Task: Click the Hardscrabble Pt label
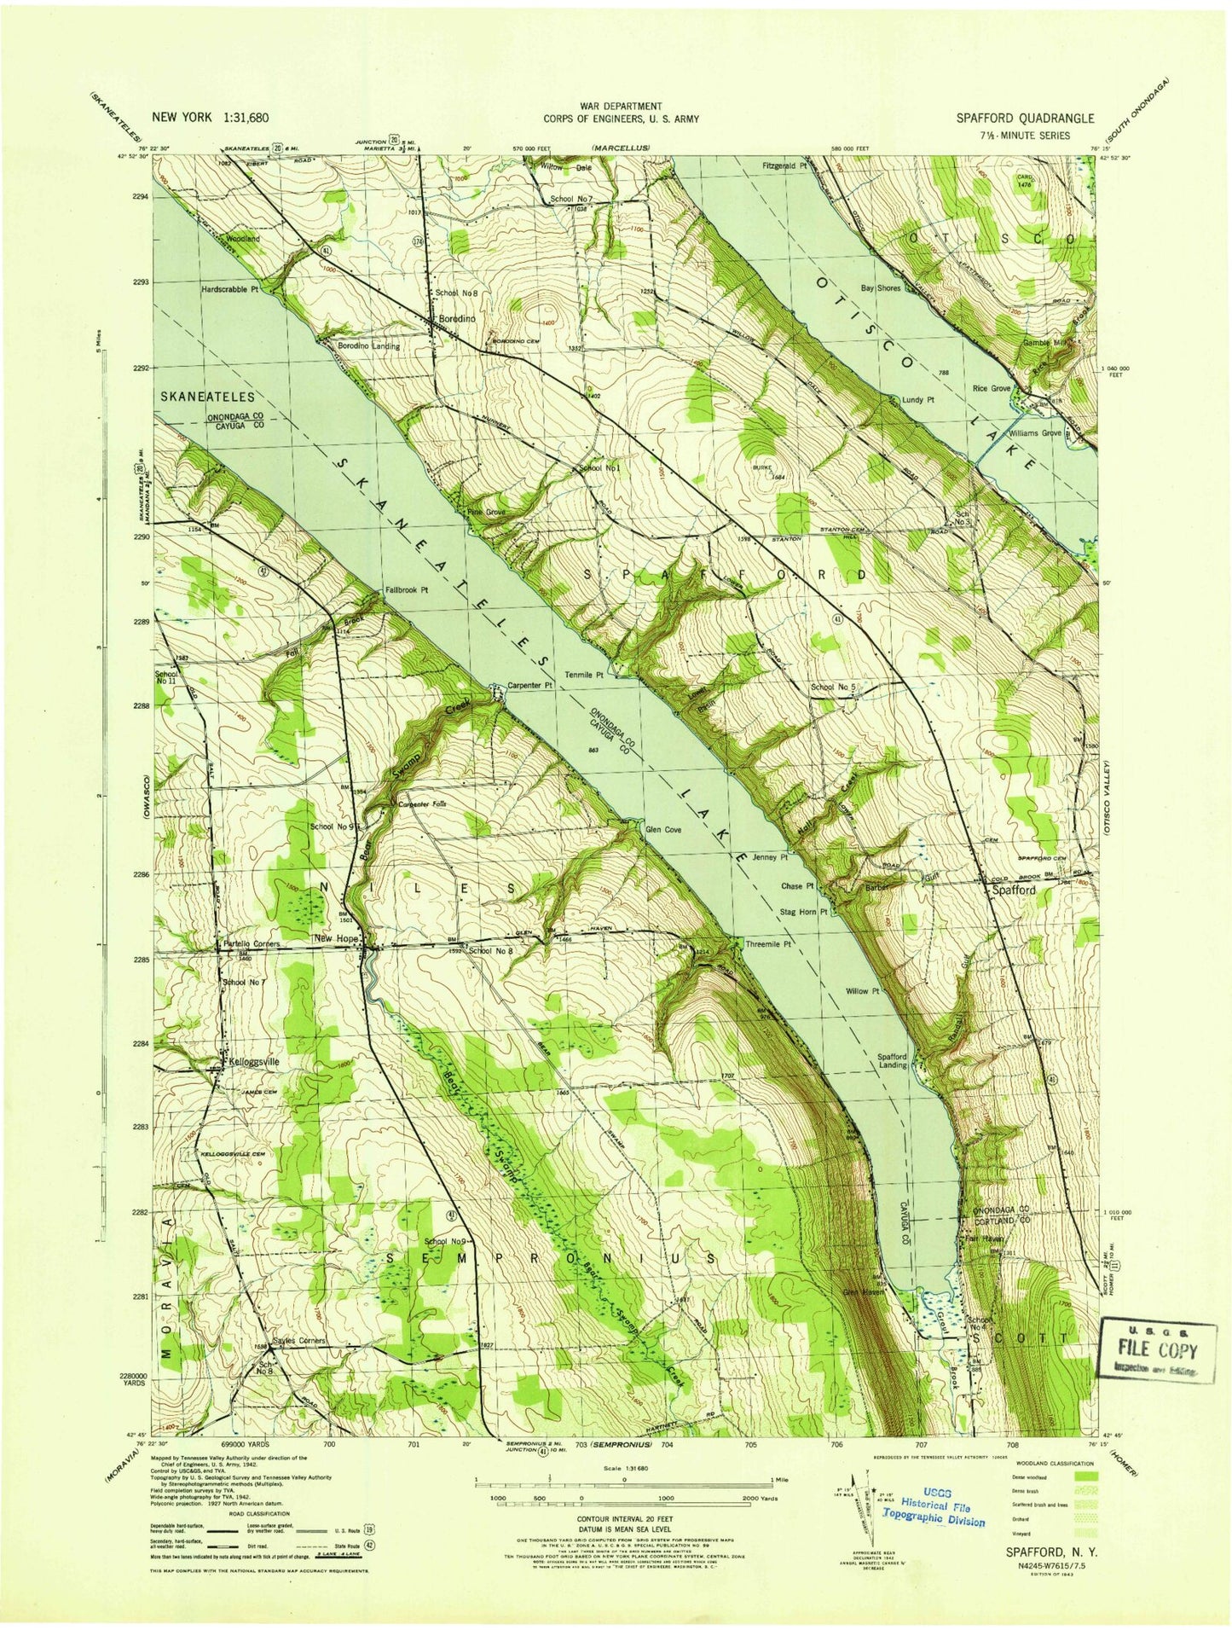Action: pos(229,289)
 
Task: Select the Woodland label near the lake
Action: pos(242,240)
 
